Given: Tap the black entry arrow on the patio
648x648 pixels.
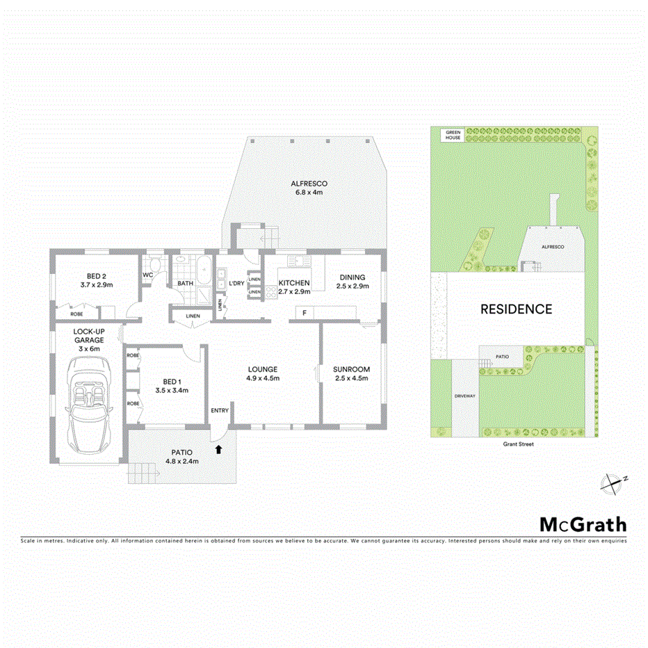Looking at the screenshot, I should (219, 449).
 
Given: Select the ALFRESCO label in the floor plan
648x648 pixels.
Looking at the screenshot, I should (309, 184).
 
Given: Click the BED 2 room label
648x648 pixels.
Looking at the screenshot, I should (97, 276).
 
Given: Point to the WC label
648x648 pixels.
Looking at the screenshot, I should (147, 275).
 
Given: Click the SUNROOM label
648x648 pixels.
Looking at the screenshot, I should (351, 369).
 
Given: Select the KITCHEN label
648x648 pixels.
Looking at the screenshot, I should (294, 283).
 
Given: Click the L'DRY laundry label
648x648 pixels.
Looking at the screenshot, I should (236, 283).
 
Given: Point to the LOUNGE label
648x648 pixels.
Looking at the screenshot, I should (262, 369).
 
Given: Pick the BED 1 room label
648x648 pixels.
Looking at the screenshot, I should (172, 381).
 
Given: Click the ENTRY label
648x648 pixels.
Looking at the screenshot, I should (220, 410).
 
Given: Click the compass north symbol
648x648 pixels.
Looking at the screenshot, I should (612, 482).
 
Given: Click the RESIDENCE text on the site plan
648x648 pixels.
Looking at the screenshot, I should (517, 309).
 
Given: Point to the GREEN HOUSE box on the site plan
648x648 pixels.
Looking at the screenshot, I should (453, 134).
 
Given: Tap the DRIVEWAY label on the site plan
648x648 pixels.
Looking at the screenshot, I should (464, 396).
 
